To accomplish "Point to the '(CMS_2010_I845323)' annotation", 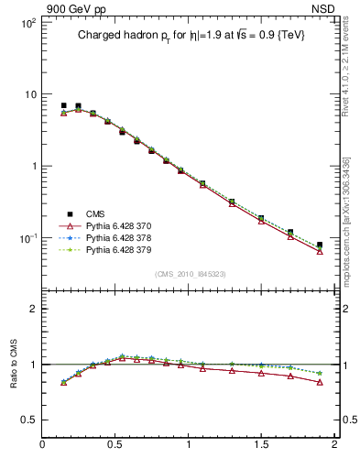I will (x=191, y=273).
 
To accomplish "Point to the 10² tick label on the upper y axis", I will (x=27, y=23).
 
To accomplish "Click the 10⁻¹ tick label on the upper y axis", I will (x=27, y=238).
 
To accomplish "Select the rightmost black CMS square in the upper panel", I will (x=320, y=245).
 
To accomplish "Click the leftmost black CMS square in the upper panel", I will (x=63, y=105).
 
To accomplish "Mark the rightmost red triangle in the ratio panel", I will (x=320, y=382).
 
